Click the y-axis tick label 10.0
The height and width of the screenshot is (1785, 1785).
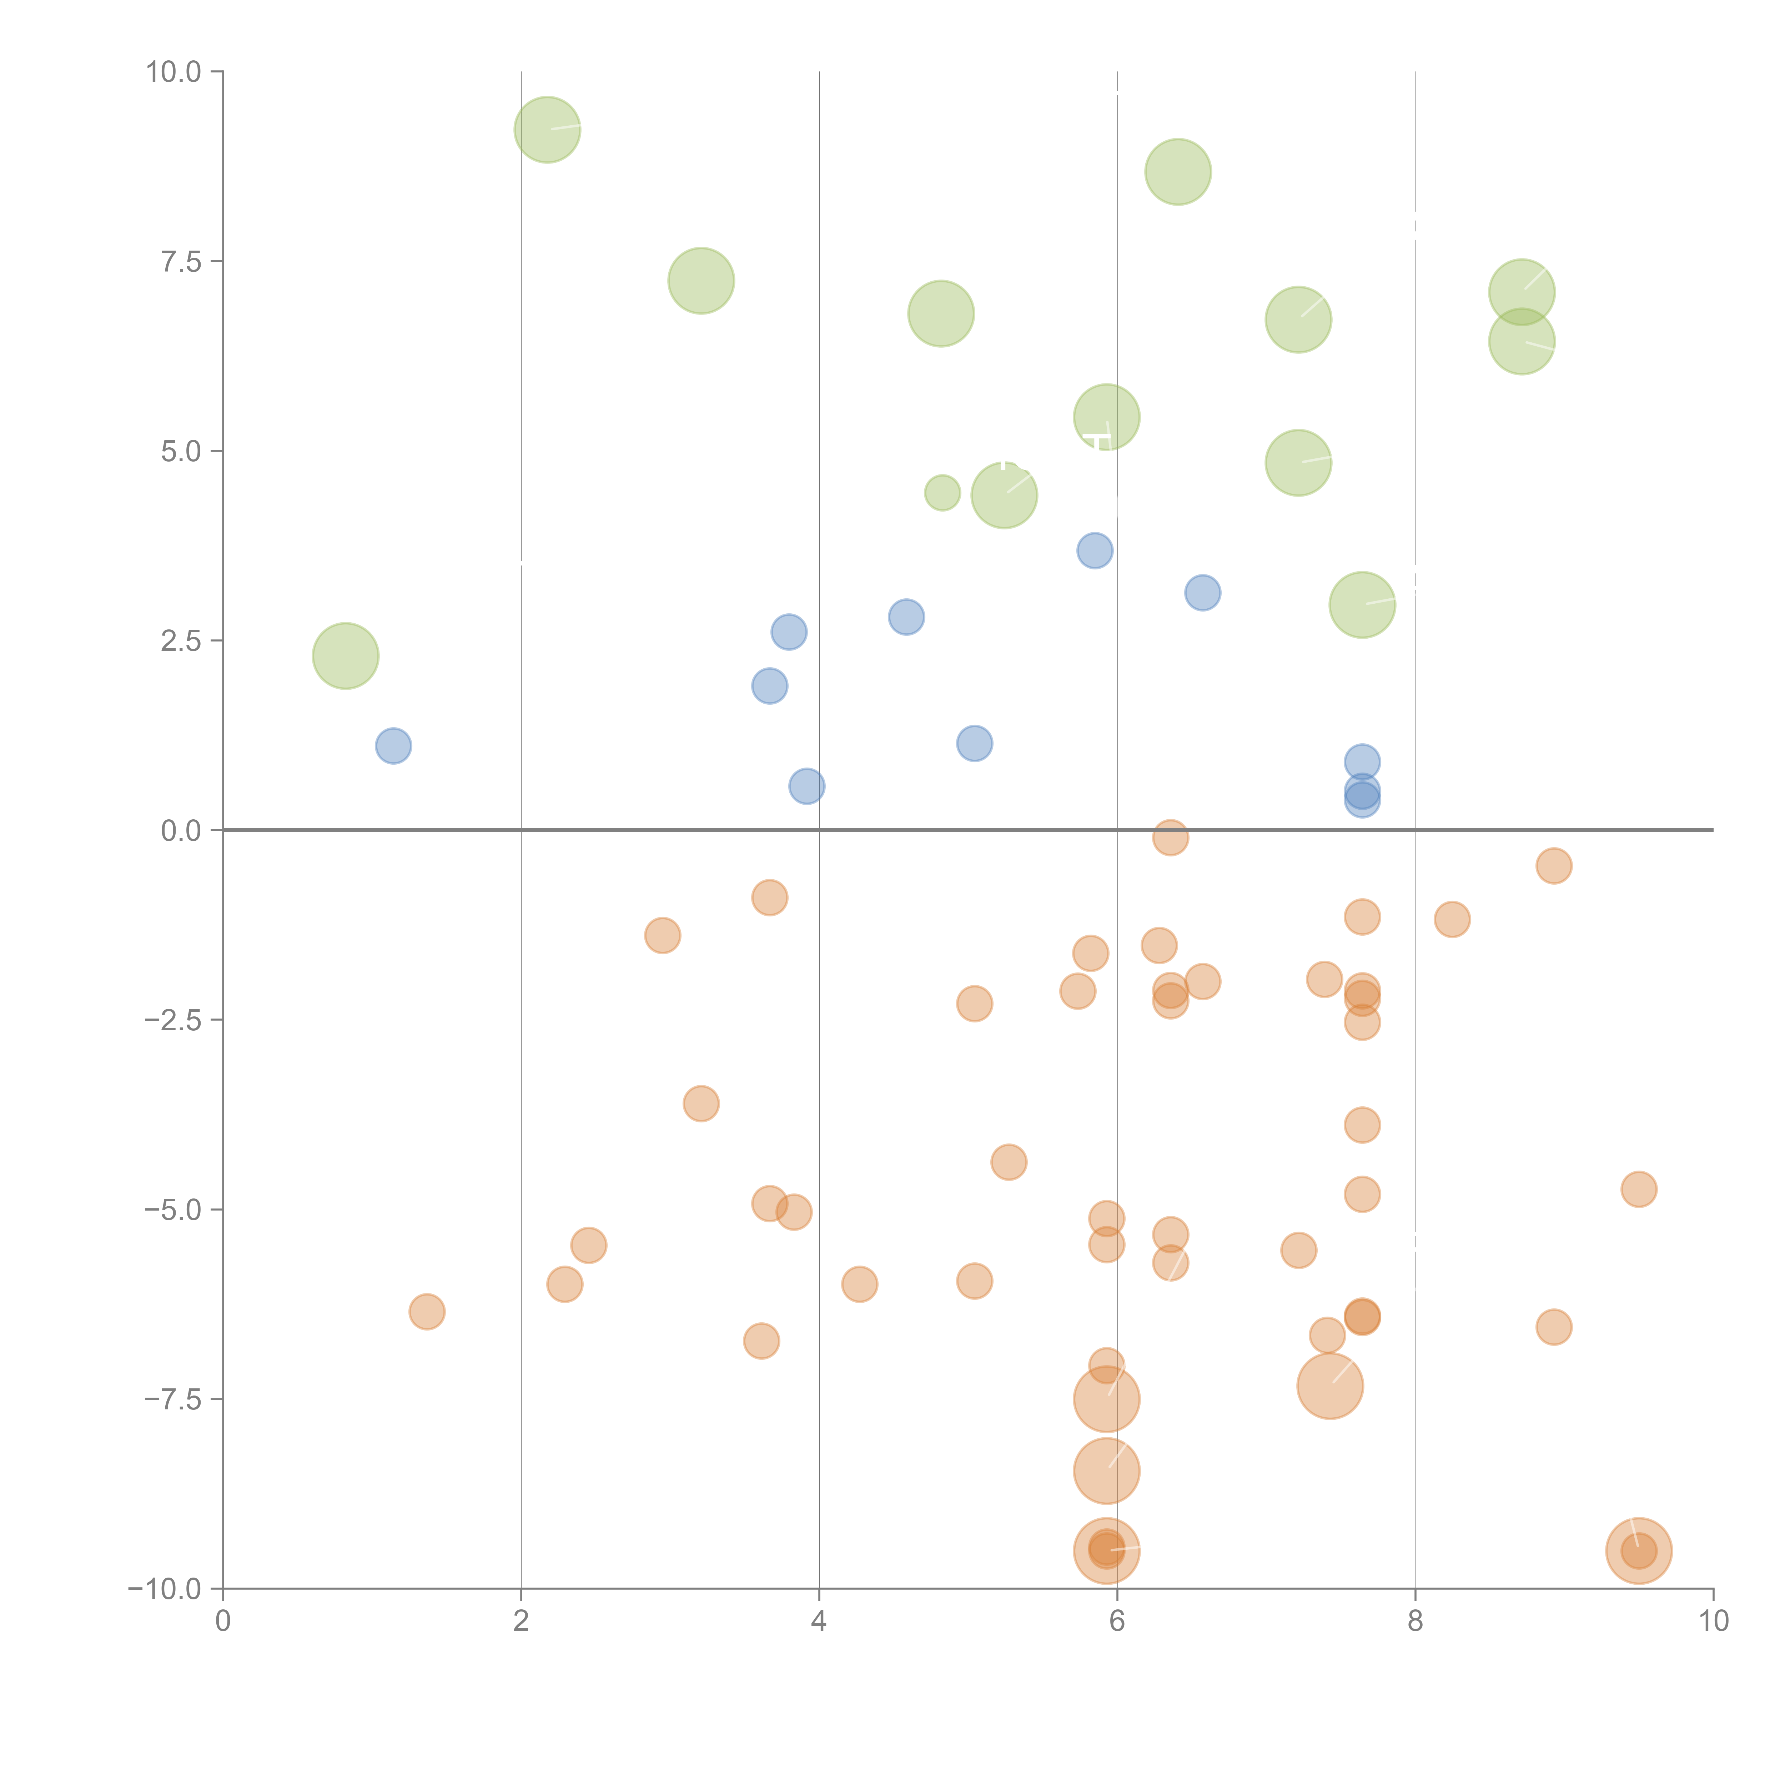pyautogui.click(x=174, y=72)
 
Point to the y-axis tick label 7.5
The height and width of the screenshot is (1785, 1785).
pyautogui.click(x=181, y=261)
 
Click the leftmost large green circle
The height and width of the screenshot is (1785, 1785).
pyautogui.click(x=346, y=656)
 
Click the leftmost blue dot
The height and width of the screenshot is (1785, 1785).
pyautogui.click(x=393, y=746)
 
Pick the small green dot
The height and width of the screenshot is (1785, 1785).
pyautogui.click(x=942, y=492)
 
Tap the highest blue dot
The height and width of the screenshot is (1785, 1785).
pyautogui.click(x=1095, y=550)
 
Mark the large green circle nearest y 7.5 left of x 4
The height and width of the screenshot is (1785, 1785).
pyautogui.click(x=701, y=281)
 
